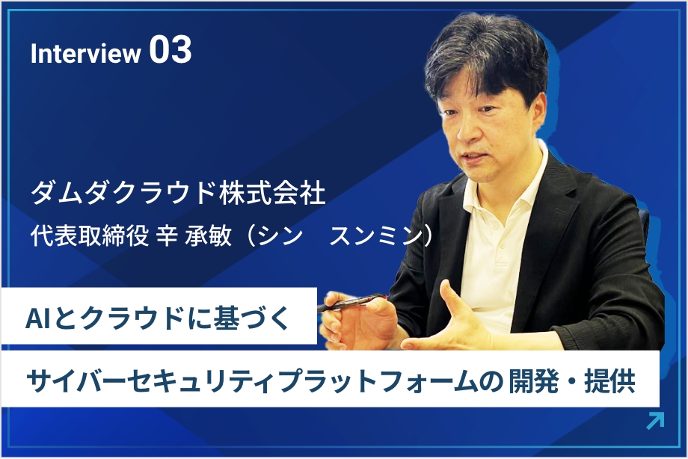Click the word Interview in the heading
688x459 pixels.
[x=85, y=54]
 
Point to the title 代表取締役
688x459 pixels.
[x=90, y=235]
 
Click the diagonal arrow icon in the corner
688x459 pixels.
[x=656, y=421]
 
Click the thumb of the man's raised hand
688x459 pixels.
[x=452, y=299]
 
